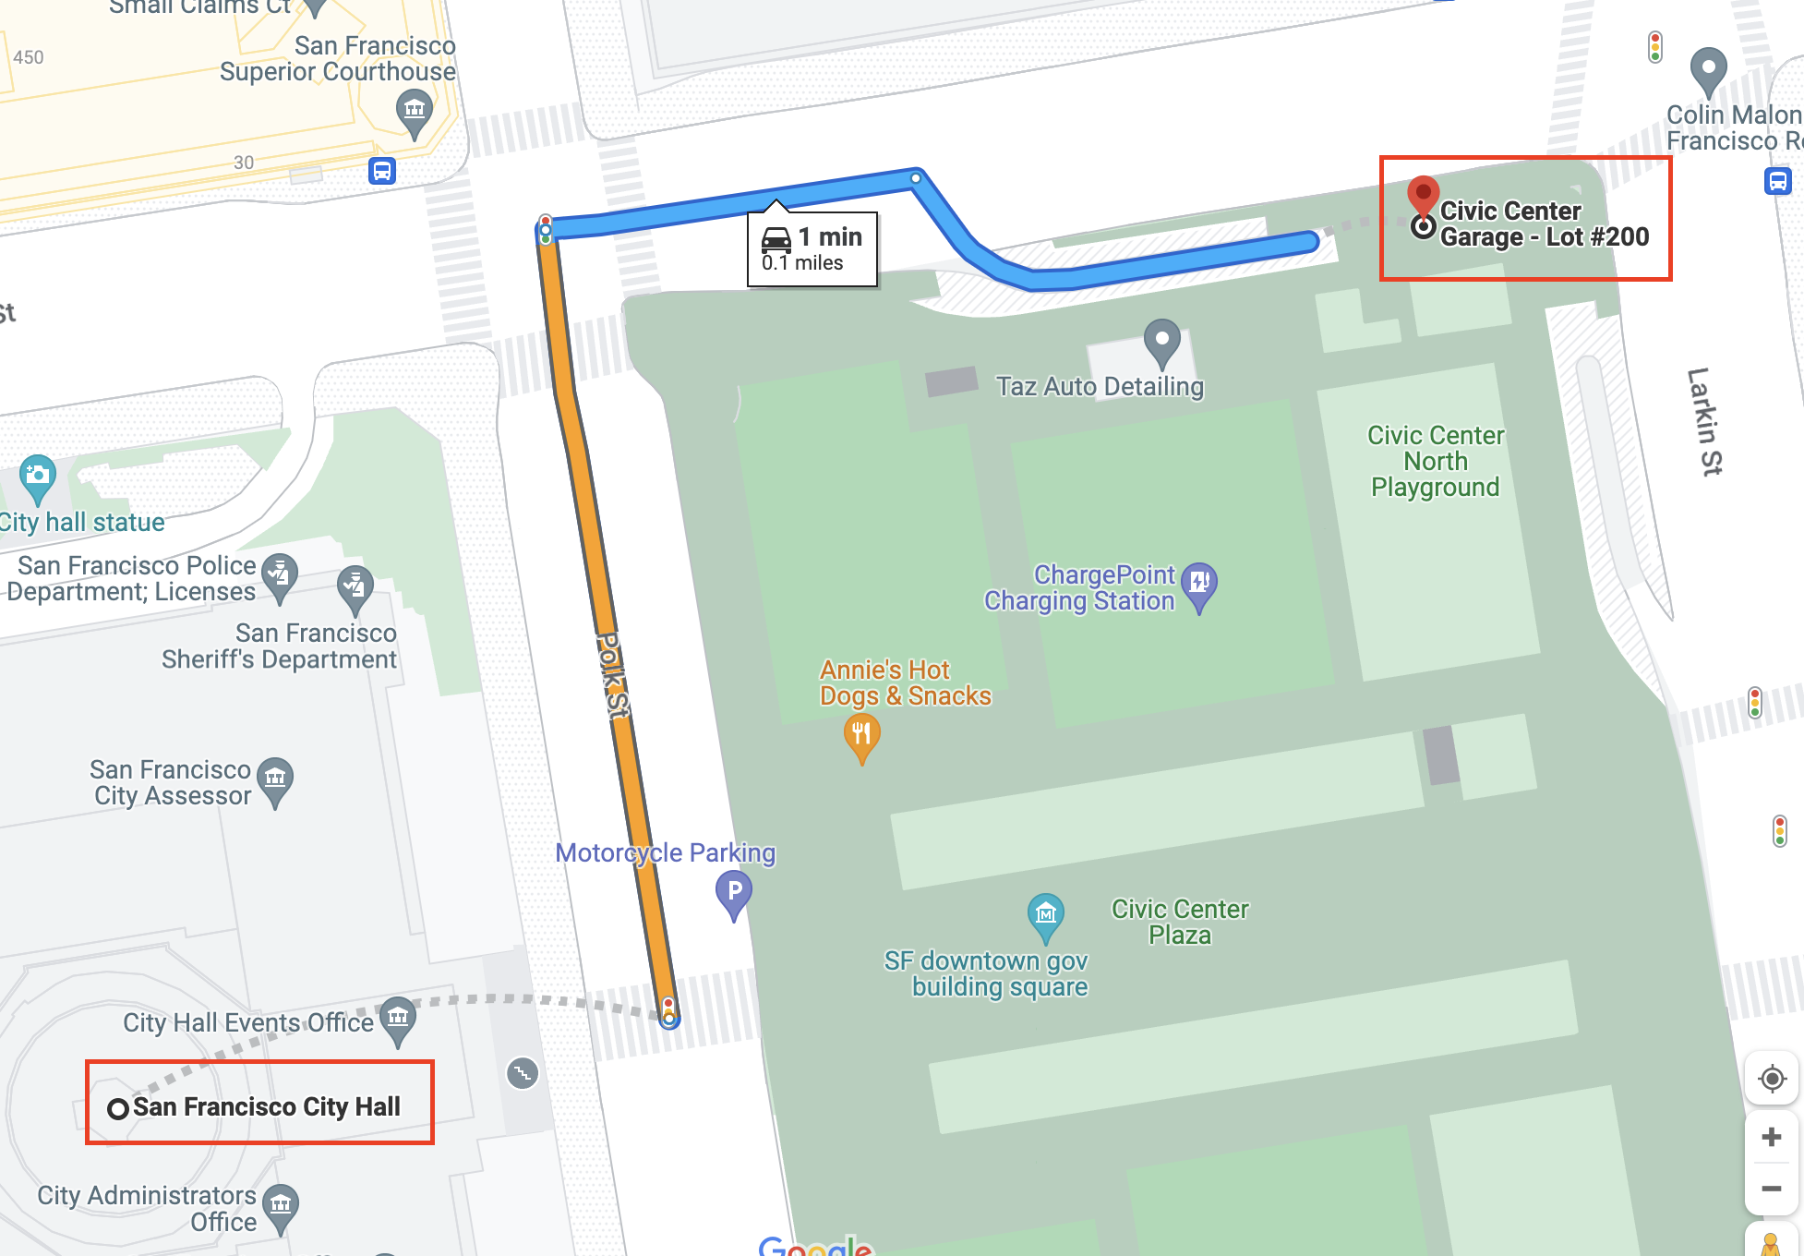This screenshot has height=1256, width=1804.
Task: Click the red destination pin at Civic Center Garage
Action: [1423, 195]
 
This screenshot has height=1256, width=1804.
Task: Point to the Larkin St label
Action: [1704, 421]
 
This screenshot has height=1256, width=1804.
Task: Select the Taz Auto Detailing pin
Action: [1161, 342]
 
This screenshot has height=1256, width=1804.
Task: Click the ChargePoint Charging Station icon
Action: [1199, 585]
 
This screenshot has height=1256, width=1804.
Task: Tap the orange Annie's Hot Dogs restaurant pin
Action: [861, 737]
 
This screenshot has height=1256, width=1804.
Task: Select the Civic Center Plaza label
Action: [1179, 922]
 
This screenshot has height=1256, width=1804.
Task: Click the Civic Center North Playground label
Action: [1435, 461]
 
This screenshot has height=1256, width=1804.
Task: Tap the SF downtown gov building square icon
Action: [1045, 914]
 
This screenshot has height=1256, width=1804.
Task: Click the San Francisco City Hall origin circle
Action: [118, 1108]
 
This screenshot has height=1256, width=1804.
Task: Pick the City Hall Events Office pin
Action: [398, 1020]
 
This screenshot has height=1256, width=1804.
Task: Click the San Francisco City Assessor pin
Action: [275, 779]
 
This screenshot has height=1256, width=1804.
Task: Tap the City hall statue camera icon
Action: [38, 476]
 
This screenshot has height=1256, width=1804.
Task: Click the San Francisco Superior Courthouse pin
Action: [415, 111]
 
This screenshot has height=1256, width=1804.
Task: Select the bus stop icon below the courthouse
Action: [382, 171]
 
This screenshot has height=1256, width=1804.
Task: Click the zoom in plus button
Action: [1771, 1136]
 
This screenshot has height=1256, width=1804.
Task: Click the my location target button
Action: [1771, 1078]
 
